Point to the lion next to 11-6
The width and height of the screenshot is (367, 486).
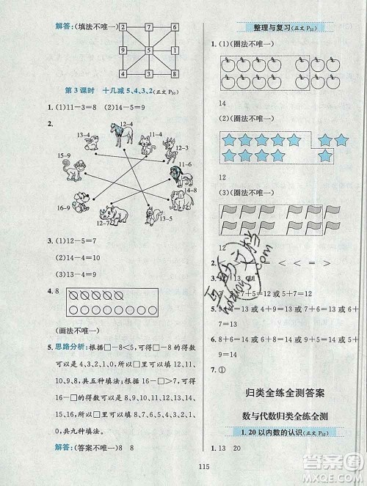coord(176,175)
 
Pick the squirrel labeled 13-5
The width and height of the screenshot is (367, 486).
coord(153,215)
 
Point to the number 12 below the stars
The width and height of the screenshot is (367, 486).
coord(219,178)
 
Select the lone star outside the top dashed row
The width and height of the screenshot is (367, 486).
coord(322,155)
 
